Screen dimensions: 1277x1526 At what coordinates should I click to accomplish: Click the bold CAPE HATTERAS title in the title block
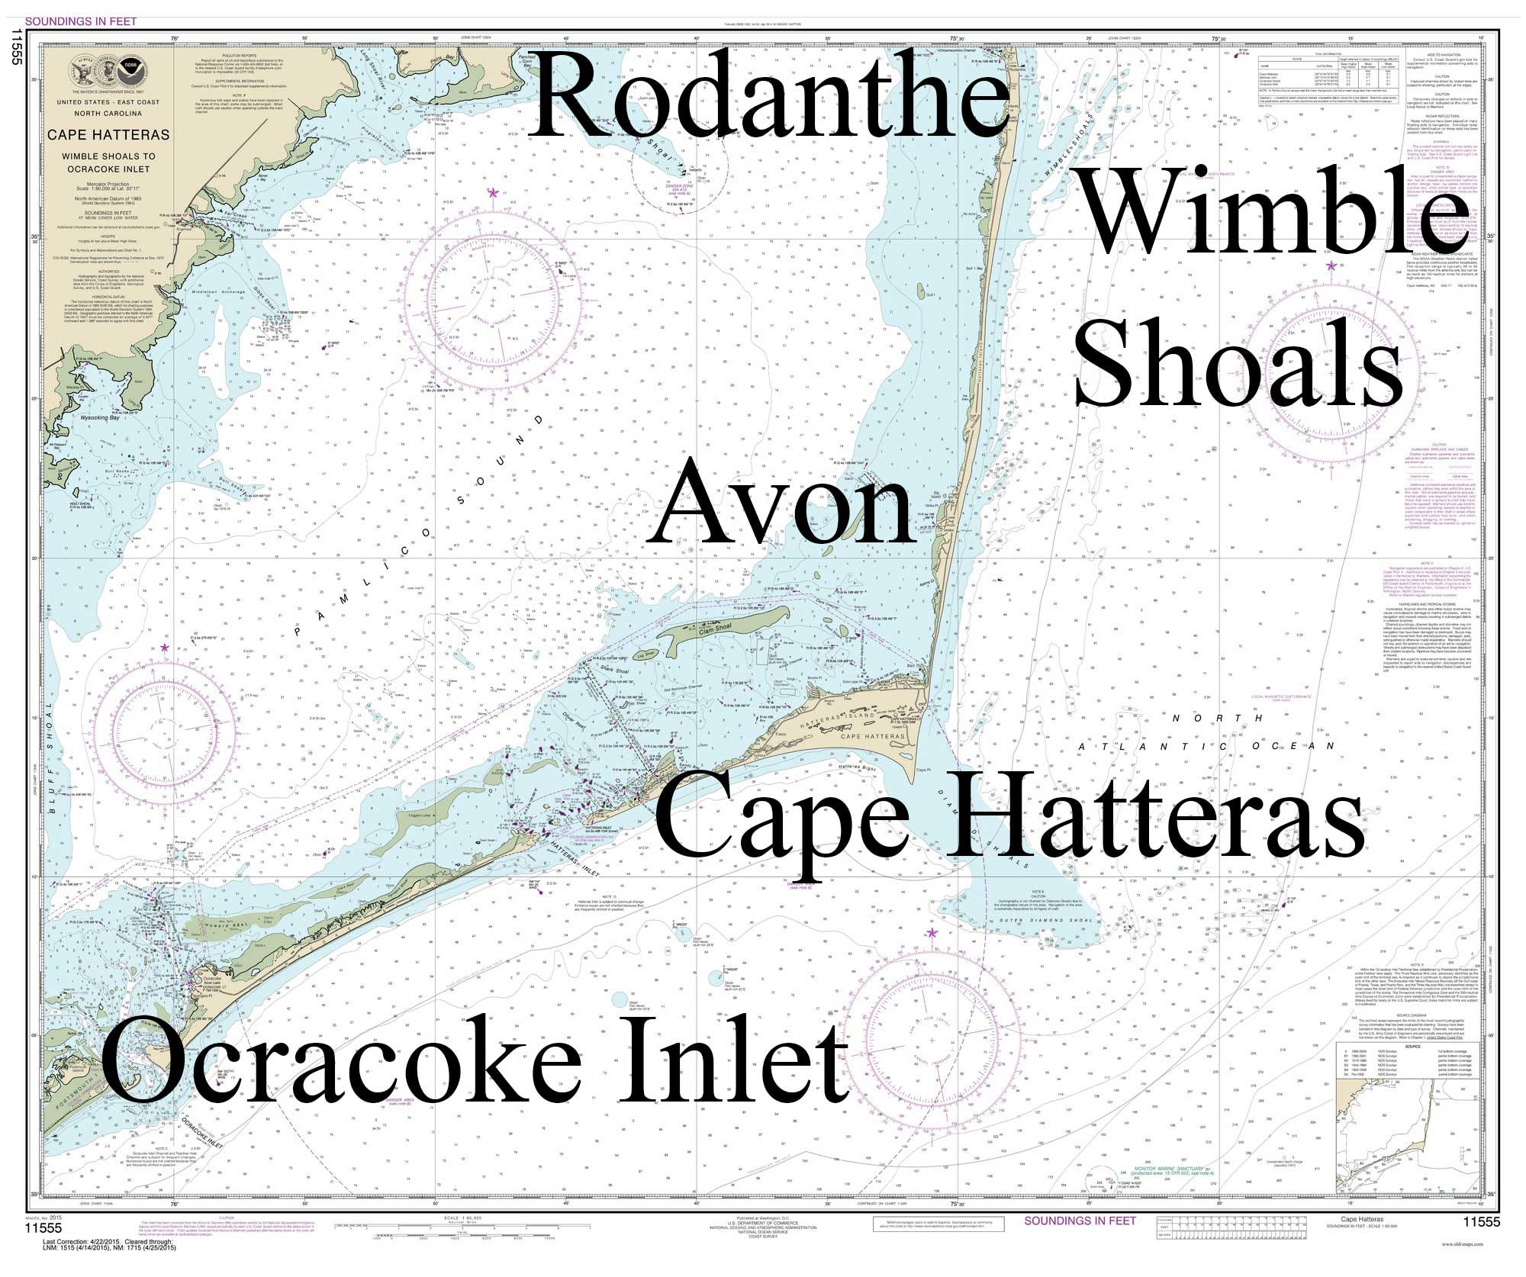pyautogui.click(x=108, y=135)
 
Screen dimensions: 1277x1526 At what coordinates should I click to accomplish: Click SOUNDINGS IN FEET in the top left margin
pyautogui.click(x=81, y=21)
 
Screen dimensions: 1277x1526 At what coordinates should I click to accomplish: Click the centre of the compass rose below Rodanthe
pyautogui.click(x=492, y=303)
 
